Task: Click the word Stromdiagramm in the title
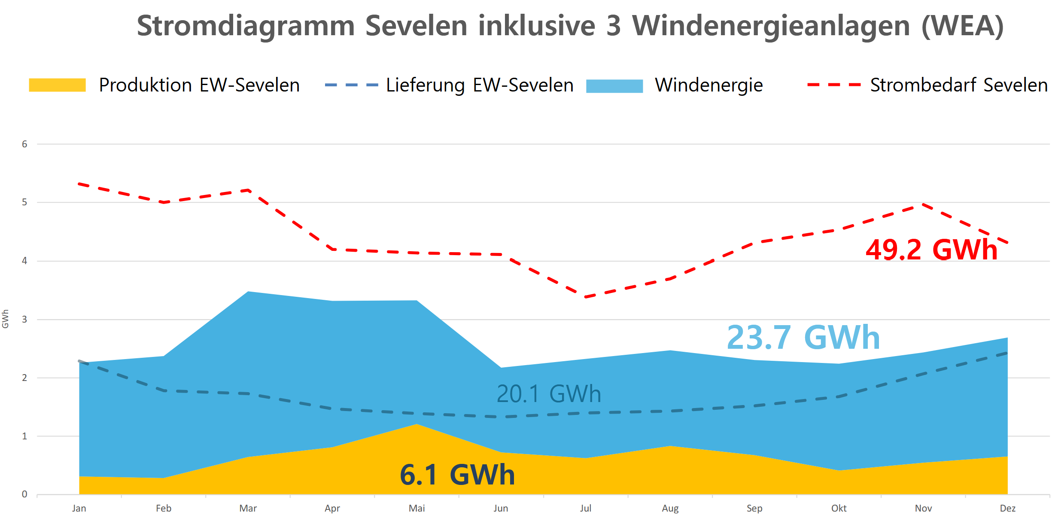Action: pyautogui.click(x=246, y=26)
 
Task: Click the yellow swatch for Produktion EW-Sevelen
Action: pyautogui.click(x=57, y=85)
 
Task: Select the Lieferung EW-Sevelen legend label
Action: pyautogui.click(x=480, y=85)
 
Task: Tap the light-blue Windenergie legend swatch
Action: pyautogui.click(x=614, y=86)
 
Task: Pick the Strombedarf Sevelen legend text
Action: pyautogui.click(x=959, y=85)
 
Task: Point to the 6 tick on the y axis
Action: pyautogui.click(x=24, y=144)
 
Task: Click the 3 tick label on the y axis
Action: pyautogui.click(x=24, y=320)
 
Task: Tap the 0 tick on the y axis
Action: pyautogui.click(x=24, y=494)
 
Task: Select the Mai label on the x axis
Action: pyautogui.click(x=417, y=509)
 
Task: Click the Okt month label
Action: pyautogui.click(x=839, y=509)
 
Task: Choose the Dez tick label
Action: pyautogui.click(x=1007, y=509)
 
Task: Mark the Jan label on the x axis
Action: pyautogui.click(x=79, y=509)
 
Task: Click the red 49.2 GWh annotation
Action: pyautogui.click(x=931, y=250)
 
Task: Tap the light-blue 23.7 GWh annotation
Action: pyautogui.click(x=803, y=338)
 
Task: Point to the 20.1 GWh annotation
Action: pyautogui.click(x=549, y=394)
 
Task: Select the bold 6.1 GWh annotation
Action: pyautogui.click(x=457, y=475)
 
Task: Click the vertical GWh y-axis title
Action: pyautogui.click(x=6, y=319)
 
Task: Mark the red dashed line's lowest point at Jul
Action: pyautogui.click(x=586, y=297)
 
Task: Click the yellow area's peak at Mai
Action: pyautogui.click(x=417, y=424)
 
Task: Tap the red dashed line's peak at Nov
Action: pyautogui.click(x=923, y=204)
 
